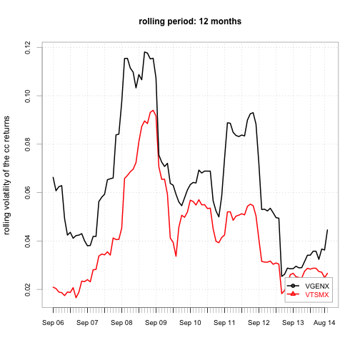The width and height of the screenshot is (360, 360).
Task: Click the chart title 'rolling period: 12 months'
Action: pos(190,21)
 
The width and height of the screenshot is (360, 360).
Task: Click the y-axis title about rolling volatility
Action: pos(6,176)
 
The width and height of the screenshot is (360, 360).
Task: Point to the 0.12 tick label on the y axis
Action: pos(28,47)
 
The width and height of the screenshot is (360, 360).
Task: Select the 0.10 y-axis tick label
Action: pos(28,96)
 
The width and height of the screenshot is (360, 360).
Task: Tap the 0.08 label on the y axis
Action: pos(28,144)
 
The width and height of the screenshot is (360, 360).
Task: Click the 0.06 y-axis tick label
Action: pos(28,193)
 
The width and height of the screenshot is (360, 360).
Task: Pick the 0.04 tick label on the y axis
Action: pos(28,241)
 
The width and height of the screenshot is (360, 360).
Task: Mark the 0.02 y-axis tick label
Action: pos(28,290)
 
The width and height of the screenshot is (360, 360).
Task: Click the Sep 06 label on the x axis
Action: pos(53,323)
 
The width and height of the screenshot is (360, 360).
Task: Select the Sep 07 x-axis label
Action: pos(87,323)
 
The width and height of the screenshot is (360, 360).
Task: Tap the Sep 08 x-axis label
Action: pos(121,323)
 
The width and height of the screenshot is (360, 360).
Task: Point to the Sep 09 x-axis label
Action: pos(156,323)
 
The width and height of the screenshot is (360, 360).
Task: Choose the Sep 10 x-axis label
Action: pos(190,323)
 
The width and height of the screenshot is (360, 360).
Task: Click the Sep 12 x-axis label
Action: pos(259,323)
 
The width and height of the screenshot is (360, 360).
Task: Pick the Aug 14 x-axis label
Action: pos(324,323)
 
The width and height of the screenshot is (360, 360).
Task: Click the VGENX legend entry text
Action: pos(317,286)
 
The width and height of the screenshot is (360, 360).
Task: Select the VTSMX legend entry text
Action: pos(317,295)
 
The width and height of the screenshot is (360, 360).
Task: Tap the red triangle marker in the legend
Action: pos(293,294)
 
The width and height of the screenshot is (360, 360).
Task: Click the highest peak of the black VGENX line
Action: pos(144,52)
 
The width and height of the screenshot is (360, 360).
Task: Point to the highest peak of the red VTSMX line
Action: pos(153,110)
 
